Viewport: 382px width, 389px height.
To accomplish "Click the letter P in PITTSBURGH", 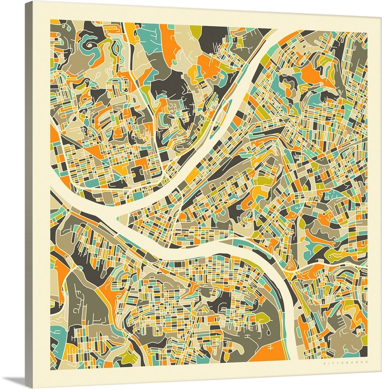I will click(324, 364).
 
